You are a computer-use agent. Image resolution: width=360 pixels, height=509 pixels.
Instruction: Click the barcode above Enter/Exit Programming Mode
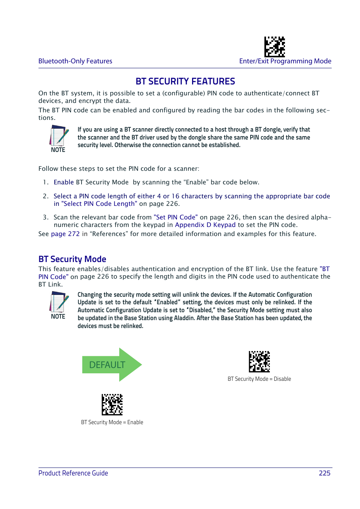point(274,47)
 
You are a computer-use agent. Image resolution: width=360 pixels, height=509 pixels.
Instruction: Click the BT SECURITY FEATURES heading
point(185,81)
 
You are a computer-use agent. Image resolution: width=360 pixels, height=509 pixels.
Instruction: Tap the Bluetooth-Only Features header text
point(75,61)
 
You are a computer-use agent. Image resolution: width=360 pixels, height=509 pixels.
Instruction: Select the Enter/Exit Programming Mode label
point(285,61)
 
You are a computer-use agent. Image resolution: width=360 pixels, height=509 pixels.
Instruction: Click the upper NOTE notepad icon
point(58,136)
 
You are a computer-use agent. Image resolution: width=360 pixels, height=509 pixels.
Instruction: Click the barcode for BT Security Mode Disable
point(259,362)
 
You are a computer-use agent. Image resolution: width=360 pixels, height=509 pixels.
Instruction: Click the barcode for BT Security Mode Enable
point(112,405)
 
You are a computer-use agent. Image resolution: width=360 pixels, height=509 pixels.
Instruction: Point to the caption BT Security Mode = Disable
point(259,379)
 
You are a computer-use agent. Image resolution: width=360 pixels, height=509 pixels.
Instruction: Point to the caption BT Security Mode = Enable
point(112,422)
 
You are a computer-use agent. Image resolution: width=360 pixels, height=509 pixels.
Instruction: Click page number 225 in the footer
point(324,473)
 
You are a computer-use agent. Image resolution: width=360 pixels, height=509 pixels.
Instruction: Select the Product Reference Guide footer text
point(73,473)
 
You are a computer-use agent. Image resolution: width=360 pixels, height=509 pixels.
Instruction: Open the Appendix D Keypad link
point(205,225)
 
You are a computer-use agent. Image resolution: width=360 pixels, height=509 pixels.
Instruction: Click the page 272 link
point(65,234)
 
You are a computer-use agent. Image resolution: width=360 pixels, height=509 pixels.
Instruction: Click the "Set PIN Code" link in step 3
point(175,218)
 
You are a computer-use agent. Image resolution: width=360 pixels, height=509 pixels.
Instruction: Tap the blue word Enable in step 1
point(63,182)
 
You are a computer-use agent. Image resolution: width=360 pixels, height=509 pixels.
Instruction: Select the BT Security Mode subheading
point(72,259)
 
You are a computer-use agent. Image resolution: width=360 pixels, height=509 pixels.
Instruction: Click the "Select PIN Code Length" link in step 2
point(99,204)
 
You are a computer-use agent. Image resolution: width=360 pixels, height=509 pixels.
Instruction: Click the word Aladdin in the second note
point(184,318)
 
